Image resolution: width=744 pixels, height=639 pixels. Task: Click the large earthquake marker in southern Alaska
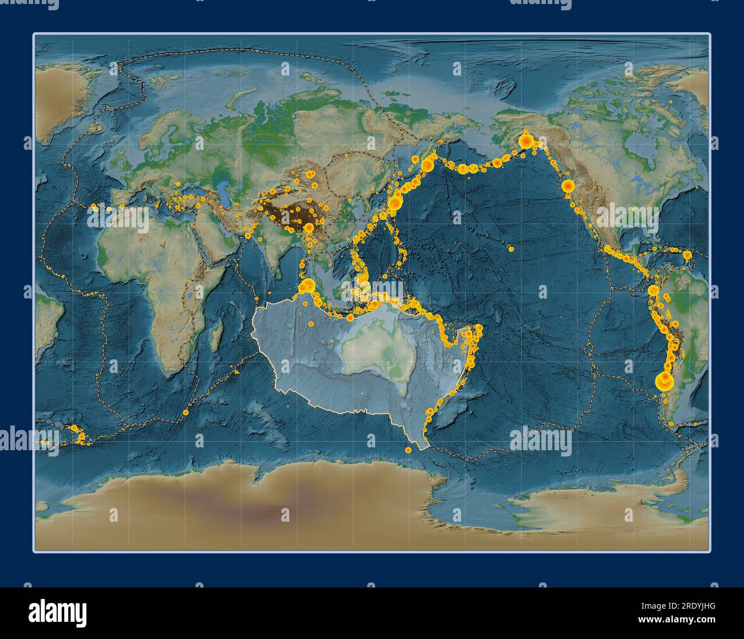[x=525, y=140]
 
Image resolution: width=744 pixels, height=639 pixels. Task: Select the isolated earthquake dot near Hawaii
[x=510, y=249]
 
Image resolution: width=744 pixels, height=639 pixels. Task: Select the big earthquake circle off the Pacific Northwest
[x=568, y=186]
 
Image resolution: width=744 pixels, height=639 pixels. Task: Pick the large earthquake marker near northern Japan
[x=394, y=203]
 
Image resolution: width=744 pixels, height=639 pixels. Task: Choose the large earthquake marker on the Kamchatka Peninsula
[x=426, y=165]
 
